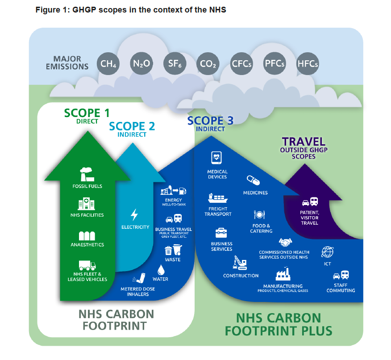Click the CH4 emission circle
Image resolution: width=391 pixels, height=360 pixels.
point(108,64)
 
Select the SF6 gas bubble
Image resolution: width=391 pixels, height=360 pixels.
point(174,64)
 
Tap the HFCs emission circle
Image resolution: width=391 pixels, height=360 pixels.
point(308,64)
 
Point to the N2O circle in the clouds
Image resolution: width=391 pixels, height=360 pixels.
point(141,64)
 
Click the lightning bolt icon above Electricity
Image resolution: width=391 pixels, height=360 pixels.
point(134,215)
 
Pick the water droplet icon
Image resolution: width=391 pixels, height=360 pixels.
point(161,269)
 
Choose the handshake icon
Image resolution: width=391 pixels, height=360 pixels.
point(285,242)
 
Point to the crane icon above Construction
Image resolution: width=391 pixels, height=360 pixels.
point(239,263)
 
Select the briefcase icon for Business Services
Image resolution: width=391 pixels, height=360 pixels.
point(221,233)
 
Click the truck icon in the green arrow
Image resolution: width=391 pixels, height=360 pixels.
point(87,265)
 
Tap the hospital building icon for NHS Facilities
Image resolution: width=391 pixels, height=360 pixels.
point(87,205)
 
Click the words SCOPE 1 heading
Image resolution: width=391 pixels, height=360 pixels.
point(87,113)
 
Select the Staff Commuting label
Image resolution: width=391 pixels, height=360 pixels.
point(341,288)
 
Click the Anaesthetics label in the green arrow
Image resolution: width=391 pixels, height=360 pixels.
point(87,245)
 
